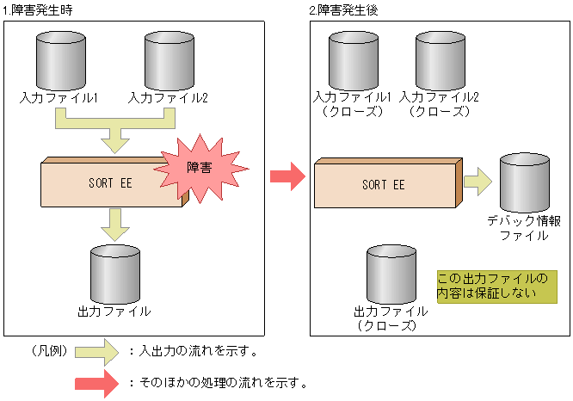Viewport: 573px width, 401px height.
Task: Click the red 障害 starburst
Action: click(198, 168)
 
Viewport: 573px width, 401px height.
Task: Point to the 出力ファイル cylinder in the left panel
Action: click(114, 273)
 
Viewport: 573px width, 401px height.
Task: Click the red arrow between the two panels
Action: click(287, 177)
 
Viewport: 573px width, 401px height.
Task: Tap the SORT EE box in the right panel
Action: click(383, 183)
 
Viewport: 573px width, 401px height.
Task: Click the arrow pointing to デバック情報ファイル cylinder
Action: click(477, 181)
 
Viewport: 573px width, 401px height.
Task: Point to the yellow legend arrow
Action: click(95, 351)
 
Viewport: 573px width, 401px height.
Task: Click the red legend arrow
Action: click(95, 381)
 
